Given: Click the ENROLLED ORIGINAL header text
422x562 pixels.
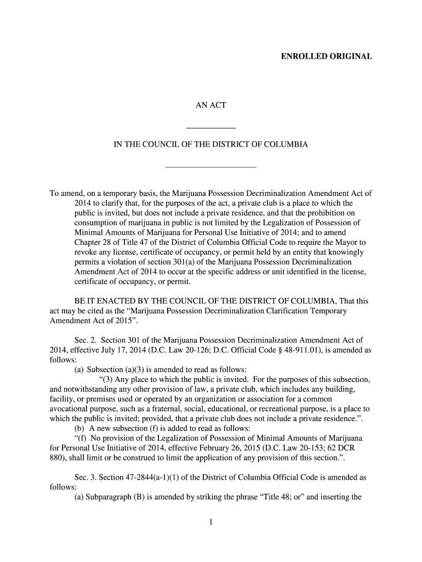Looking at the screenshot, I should pyautogui.click(x=327, y=57).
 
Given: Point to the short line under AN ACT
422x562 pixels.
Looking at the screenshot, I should pyautogui.click(x=211, y=128).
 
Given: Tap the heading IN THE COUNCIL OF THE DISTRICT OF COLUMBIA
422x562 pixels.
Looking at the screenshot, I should pyautogui.click(x=211, y=145).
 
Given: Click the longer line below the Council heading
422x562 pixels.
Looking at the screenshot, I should pyautogui.click(x=211, y=166).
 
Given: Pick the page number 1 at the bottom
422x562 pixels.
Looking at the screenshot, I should pyautogui.click(x=211, y=522).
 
